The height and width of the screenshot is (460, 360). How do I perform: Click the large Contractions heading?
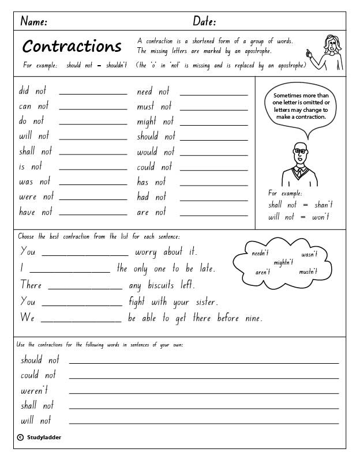(72, 46)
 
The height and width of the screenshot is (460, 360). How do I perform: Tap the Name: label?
(33, 22)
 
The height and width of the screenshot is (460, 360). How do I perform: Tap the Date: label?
(204, 22)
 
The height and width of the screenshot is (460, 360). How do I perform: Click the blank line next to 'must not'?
(213, 108)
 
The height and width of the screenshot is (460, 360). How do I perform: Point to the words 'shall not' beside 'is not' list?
(35, 151)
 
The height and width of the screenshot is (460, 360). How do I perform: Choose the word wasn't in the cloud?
(309, 254)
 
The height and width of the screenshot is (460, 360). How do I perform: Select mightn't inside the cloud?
(283, 262)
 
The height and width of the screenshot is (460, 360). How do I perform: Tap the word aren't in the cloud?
(262, 272)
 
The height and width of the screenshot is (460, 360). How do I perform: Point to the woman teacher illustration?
(331, 52)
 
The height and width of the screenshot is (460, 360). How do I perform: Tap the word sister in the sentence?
(203, 301)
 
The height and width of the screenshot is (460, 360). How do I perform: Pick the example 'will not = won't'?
(299, 217)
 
